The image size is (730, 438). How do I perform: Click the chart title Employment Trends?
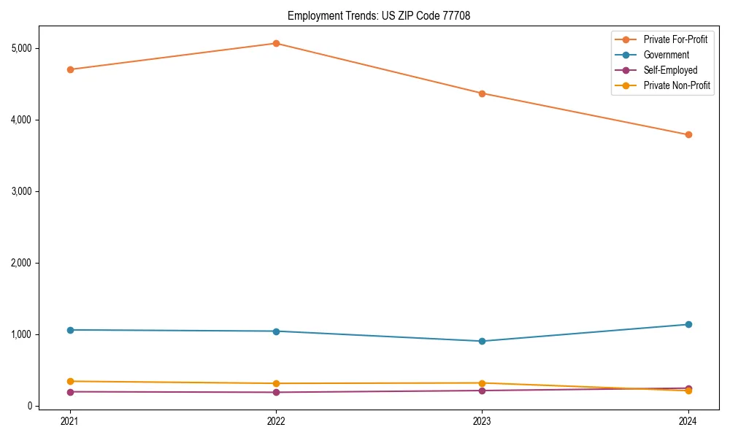click(x=383, y=15)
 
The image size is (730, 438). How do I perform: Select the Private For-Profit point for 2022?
click(x=276, y=43)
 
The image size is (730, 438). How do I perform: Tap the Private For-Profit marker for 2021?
click(x=70, y=69)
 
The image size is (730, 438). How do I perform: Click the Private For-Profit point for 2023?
click(x=483, y=93)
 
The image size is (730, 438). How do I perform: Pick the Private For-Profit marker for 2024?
click(x=688, y=134)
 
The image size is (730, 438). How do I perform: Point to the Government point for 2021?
click(x=70, y=330)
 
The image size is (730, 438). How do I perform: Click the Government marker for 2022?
click(x=276, y=331)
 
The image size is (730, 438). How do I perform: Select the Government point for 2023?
click(x=483, y=341)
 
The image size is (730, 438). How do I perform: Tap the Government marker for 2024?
click(x=688, y=324)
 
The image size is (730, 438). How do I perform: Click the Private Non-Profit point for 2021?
click(x=70, y=381)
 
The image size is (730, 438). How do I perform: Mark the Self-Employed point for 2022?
click(x=276, y=392)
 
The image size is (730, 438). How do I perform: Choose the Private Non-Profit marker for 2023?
click(x=483, y=383)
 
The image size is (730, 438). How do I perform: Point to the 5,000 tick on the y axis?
click(x=22, y=48)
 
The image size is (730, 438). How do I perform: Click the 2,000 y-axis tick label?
click(x=22, y=263)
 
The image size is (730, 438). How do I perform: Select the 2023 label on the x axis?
click(x=483, y=420)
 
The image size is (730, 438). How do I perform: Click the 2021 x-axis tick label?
click(x=70, y=420)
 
